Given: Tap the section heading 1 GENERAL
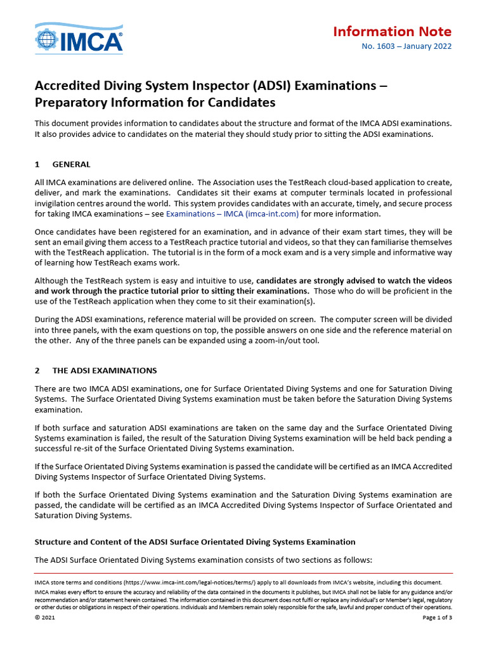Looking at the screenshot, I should pyautogui.click(x=63, y=164).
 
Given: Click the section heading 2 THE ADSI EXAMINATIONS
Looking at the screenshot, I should pyautogui.click(x=95, y=370).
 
